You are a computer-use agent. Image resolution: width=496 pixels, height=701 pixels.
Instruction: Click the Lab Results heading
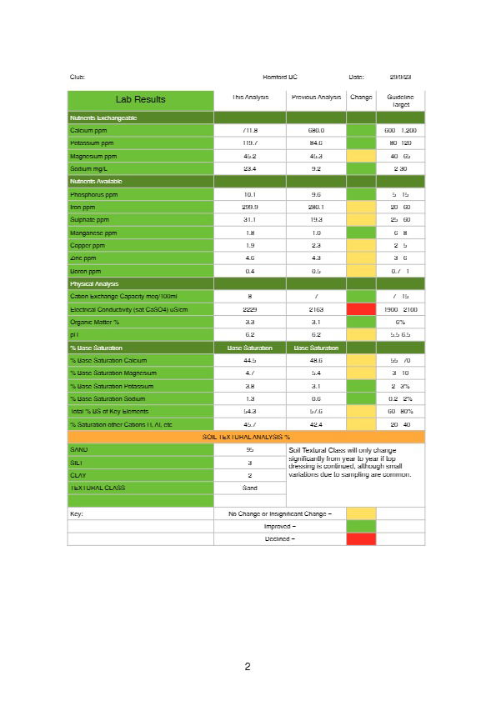click(x=140, y=99)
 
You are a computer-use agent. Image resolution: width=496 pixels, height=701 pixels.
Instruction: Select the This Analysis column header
click(x=250, y=98)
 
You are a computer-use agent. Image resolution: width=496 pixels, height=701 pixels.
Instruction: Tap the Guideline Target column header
click(x=400, y=101)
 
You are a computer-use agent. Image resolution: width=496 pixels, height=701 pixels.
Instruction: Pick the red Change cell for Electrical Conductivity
click(x=361, y=308)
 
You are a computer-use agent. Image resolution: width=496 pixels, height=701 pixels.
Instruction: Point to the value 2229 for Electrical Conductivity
click(x=250, y=308)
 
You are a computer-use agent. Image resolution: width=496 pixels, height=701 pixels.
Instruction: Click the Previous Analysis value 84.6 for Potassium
click(x=316, y=143)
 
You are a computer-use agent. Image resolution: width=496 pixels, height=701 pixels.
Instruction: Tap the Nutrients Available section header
click(x=96, y=181)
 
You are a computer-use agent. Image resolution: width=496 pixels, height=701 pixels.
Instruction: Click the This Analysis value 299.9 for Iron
click(x=250, y=207)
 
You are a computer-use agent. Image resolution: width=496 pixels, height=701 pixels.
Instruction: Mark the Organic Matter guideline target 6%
click(x=400, y=322)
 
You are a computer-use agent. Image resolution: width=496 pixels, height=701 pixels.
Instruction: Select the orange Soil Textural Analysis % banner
click(x=246, y=436)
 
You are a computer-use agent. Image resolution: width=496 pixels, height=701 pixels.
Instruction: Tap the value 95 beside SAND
click(x=250, y=449)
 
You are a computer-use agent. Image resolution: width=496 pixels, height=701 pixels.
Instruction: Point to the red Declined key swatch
click(x=361, y=538)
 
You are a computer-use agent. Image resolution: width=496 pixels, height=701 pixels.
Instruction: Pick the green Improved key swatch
click(x=361, y=526)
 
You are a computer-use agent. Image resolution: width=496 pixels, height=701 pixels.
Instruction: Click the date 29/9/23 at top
click(x=400, y=77)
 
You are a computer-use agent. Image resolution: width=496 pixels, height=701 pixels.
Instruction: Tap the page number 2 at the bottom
click(x=248, y=666)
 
